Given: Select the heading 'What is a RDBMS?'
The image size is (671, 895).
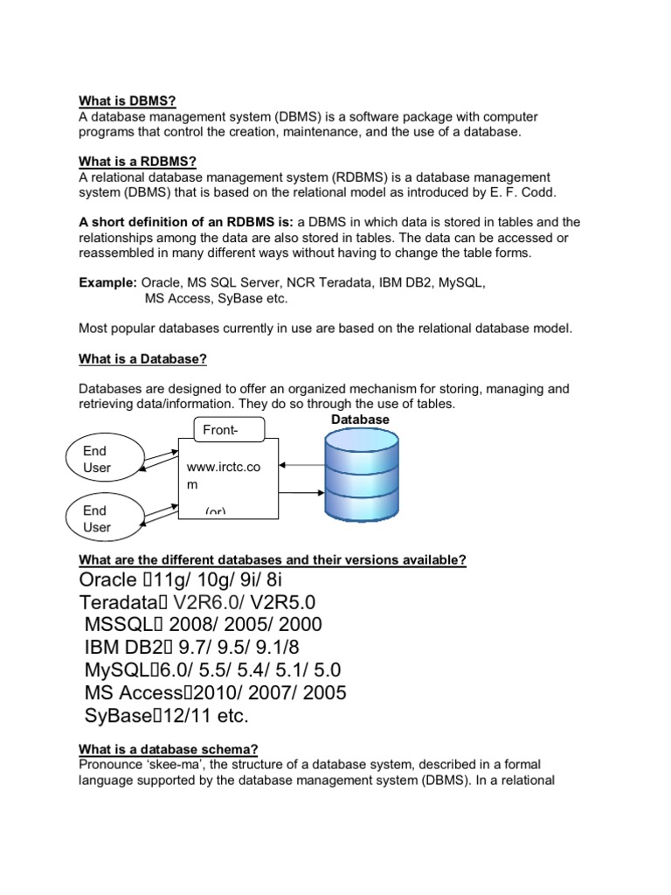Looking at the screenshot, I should click(137, 162).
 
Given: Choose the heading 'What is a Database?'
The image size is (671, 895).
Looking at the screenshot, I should click(142, 359).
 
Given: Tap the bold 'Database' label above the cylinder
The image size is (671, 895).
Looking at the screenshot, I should click(360, 420).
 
